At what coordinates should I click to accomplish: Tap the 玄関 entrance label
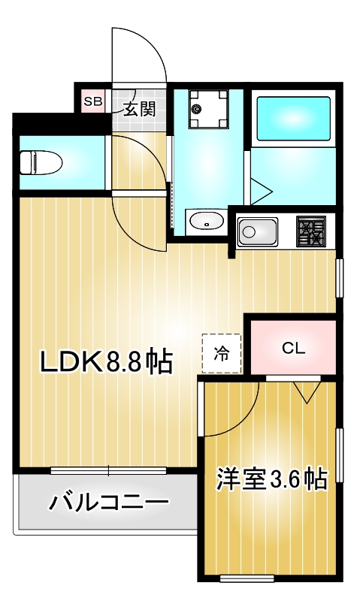(139, 109)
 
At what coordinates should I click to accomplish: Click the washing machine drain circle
(196, 109)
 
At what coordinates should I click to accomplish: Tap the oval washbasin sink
(204, 222)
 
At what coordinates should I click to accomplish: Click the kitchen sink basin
(258, 232)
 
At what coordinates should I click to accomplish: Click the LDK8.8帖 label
(106, 363)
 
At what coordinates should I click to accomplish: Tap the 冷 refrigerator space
(221, 353)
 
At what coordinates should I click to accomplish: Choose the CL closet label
(293, 348)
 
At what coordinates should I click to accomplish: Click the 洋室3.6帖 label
(271, 479)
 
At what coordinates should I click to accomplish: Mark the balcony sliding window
(108, 471)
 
